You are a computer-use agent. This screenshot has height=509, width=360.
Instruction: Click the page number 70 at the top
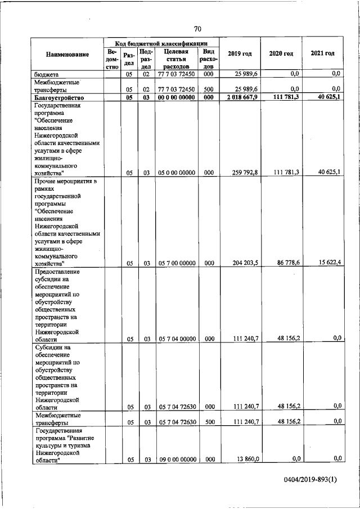[x=197, y=29]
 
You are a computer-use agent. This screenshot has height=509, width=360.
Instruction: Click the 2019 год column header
[x=240, y=53]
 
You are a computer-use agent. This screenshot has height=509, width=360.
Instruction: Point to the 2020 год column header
[x=281, y=53]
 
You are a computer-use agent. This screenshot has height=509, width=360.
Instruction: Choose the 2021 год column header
[x=322, y=53]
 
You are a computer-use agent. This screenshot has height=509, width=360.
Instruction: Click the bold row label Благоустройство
[x=60, y=98]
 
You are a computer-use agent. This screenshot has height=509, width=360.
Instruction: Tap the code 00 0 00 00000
[x=176, y=98]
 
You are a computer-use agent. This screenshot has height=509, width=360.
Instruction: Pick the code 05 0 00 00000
[x=176, y=173]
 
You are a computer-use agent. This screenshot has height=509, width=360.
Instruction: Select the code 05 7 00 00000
[x=176, y=263]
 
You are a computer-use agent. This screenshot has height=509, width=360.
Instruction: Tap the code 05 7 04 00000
[x=176, y=339]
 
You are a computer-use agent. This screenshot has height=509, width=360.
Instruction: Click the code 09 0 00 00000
[x=176, y=460]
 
